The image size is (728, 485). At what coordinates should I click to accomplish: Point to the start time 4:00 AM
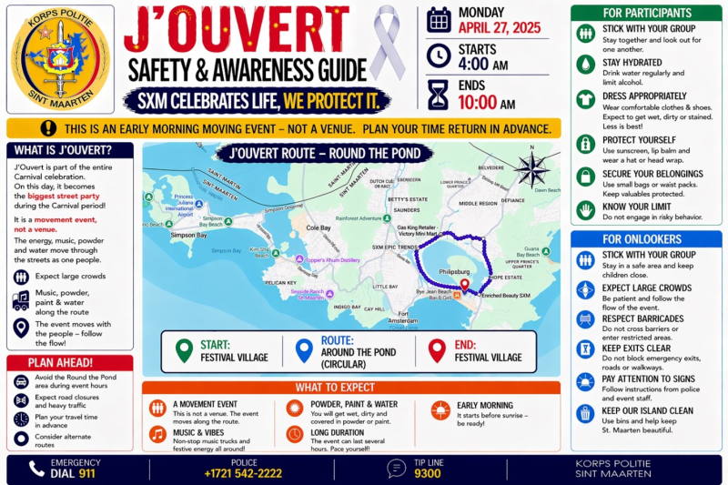pos(483,65)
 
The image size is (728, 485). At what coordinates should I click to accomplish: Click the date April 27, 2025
pos(499,28)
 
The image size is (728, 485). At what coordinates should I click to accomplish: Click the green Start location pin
pos(184,350)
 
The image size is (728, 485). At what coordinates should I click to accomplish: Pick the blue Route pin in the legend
pos(304,350)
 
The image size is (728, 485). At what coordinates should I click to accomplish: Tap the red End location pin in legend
pos(437,350)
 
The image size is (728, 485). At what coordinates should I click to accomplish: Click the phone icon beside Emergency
pos(36,469)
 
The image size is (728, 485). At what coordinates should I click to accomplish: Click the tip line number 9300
pos(428,474)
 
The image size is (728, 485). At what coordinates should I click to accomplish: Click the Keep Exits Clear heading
pos(636,348)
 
